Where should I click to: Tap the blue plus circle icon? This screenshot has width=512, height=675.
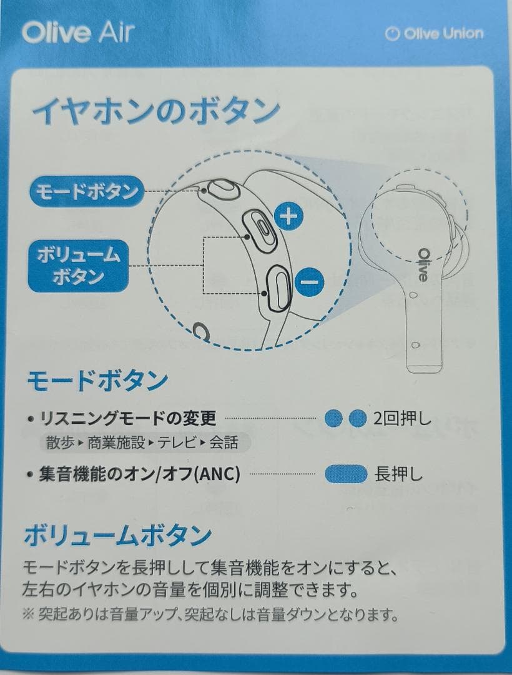(288, 217)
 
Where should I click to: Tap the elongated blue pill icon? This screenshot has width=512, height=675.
(346, 474)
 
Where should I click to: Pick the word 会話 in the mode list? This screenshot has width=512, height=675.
(223, 442)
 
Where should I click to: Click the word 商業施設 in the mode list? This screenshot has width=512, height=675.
(116, 442)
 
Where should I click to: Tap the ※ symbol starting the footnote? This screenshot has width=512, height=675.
(29, 615)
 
